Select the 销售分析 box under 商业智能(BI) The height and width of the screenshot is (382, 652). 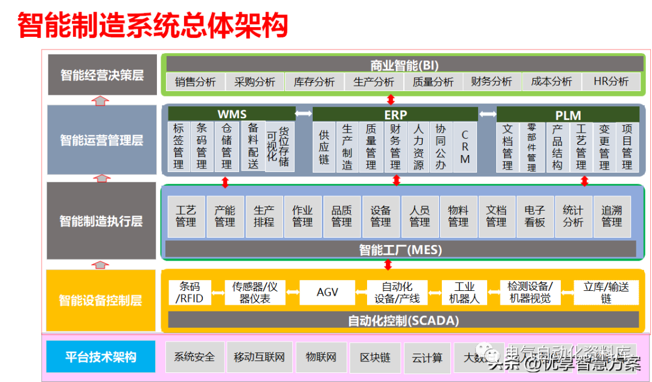pyautogui.click(x=195, y=81)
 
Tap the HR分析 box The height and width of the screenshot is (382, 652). pyautogui.click(x=611, y=81)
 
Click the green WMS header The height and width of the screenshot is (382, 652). pyautogui.click(x=232, y=114)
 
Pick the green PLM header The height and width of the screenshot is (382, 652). pyautogui.click(x=567, y=115)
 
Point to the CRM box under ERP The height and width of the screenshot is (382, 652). pyautogui.click(x=465, y=147)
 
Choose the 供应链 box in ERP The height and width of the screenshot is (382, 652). pyautogui.click(x=324, y=147)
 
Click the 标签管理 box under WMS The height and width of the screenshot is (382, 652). pyautogui.click(x=179, y=147)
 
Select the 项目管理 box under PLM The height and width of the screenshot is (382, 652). pyautogui.click(x=627, y=147)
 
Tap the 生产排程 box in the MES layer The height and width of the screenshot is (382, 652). pyautogui.click(x=264, y=216)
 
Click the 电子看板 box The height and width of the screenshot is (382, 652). pyautogui.click(x=535, y=216)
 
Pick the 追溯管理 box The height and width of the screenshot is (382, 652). pyautogui.click(x=612, y=216)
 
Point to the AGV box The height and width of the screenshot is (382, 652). pyautogui.click(x=327, y=292)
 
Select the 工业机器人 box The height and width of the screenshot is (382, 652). pyautogui.click(x=464, y=292)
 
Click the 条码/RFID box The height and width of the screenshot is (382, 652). pyautogui.click(x=190, y=292)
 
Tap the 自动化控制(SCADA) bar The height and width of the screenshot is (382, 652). pyautogui.click(x=403, y=320)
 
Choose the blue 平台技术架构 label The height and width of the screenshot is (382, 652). pyautogui.click(x=101, y=357)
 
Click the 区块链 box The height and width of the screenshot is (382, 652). pyautogui.click(x=375, y=357)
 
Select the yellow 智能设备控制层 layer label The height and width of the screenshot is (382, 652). pyautogui.click(x=101, y=300)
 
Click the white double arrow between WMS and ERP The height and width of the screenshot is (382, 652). pyautogui.click(x=303, y=113)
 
